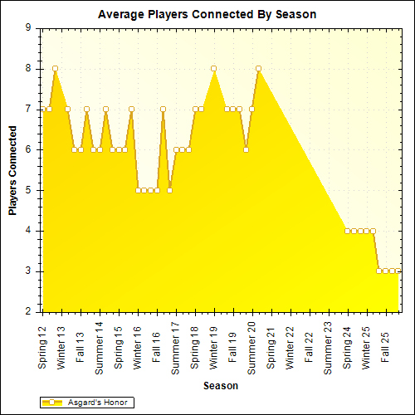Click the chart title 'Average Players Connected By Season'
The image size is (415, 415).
[x=207, y=14]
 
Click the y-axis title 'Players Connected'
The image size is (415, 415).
[x=13, y=170]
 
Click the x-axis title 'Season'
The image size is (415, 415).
[x=221, y=386]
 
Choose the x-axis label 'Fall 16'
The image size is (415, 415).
[x=157, y=343]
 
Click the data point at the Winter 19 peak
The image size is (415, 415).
[x=214, y=68]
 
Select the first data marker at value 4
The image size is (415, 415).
[x=347, y=231]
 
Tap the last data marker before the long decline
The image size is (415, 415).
[x=258, y=68]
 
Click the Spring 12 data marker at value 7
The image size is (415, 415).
[x=43, y=109]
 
